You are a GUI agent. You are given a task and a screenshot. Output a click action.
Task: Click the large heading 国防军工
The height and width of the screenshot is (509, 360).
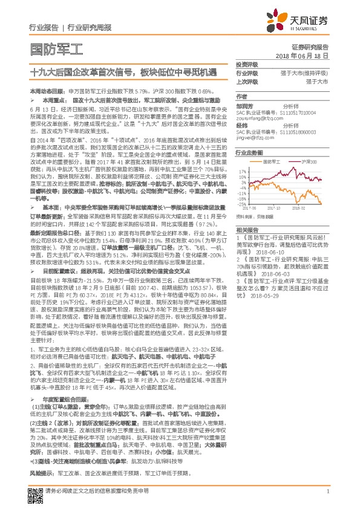pos(56,49)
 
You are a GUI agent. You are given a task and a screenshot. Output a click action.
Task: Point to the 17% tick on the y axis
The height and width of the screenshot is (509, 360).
pos(242,172)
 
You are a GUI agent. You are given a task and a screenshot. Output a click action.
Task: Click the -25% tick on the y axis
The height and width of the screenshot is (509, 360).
pos(241,202)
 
